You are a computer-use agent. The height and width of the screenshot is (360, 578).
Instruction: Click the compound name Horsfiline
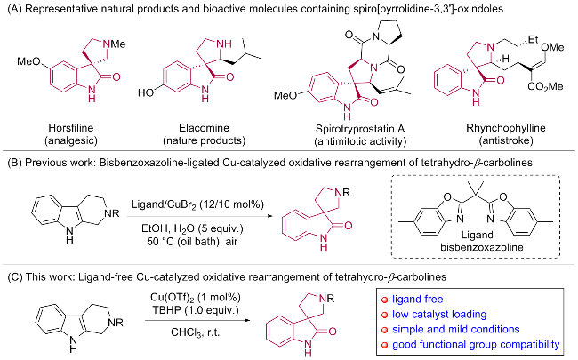point(71,128)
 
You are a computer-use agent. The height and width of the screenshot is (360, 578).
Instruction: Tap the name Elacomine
point(204,128)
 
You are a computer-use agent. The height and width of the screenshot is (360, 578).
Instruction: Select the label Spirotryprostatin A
point(360,129)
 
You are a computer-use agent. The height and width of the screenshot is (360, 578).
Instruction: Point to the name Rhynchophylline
point(506,128)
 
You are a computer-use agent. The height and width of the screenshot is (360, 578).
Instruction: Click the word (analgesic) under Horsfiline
point(71,140)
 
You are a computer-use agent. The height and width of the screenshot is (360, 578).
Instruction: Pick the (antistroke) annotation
point(506,140)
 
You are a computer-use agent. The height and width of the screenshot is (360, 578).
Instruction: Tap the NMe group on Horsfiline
point(114,44)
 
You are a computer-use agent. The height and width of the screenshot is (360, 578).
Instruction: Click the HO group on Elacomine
point(146,92)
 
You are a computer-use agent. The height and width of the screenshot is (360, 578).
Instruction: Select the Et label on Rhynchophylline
point(533,39)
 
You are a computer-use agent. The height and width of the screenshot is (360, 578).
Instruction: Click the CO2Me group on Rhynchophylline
point(545,86)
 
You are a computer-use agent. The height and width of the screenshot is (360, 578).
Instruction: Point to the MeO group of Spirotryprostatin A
point(285,96)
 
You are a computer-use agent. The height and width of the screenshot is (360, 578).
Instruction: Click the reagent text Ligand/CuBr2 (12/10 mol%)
point(197,204)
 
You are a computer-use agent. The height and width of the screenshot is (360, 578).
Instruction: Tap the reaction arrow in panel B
point(201,216)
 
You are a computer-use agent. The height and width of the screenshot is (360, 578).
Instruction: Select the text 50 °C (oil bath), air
point(192,241)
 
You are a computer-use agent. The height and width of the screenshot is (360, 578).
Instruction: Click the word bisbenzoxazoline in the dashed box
point(482,246)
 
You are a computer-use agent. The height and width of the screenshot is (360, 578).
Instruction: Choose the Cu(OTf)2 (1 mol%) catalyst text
point(196,298)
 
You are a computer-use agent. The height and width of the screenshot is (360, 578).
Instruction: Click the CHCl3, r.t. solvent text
point(195,332)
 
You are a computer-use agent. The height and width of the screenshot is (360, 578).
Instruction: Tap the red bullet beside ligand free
point(385,300)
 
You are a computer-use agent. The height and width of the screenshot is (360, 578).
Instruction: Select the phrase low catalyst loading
point(439,315)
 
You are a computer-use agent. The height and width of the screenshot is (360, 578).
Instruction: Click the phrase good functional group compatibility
point(476,345)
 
